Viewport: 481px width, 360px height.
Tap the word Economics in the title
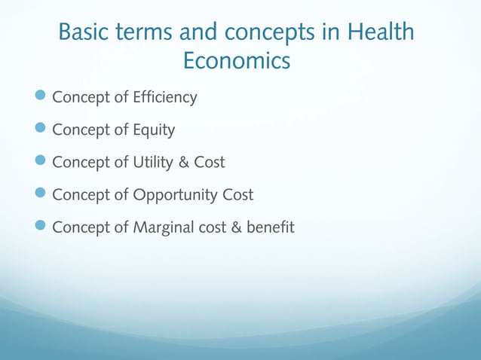(x=237, y=62)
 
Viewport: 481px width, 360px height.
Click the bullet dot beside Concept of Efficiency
(x=41, y=96)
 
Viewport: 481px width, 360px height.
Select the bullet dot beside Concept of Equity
(x=41, y=129)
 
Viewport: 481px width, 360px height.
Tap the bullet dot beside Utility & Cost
(x=41, y=161)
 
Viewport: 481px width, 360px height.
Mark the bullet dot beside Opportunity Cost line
(x=41, y=194)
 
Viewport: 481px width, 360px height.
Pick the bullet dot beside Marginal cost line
(x=41, y=226)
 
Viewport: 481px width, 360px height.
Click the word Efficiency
(x=164, y=97)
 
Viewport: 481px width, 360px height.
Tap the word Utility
(x=154, y=162)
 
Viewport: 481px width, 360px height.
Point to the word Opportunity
(x=176, y=195)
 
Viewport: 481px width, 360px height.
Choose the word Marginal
(x=164, y=227)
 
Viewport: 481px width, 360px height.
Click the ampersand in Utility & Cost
(x=188, y=162)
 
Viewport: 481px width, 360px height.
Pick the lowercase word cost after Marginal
(x=213, y=227)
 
